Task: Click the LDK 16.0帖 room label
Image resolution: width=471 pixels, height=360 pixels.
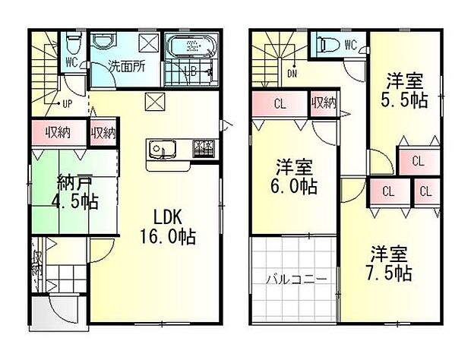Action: point(166,226)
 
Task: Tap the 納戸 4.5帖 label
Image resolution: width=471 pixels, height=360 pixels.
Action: point(76,193)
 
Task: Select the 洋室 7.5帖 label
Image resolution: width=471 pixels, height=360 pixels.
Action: point(391,263)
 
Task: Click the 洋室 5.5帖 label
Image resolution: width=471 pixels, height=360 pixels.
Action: point(403,90)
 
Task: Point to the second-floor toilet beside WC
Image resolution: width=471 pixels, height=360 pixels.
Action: point(327,45)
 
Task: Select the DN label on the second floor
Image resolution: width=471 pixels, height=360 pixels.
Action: point(292,74)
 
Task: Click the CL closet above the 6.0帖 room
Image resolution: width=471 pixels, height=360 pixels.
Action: point(279,105)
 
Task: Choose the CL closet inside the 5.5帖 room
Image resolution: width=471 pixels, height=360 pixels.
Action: point(418,159)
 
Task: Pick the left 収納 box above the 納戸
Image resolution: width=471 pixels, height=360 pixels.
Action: point(58,132)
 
